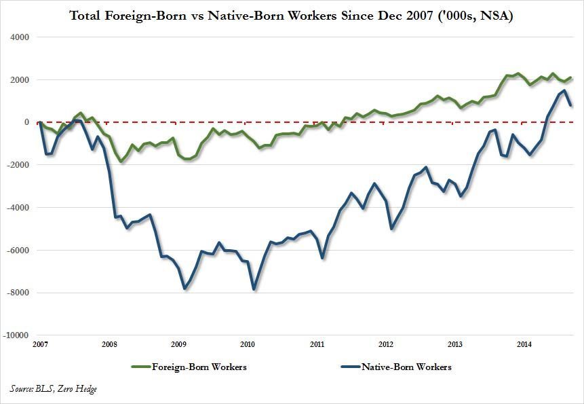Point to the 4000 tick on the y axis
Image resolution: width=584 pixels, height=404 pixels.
point(20,37)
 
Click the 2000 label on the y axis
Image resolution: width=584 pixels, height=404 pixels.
point(20,80)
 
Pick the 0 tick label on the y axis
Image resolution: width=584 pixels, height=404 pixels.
point(26,122)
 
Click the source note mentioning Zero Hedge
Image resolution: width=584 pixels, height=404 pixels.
point(53,388)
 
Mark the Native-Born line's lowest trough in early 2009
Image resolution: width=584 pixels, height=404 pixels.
point(184,289)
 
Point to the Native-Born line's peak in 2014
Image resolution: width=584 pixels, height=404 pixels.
point(564,90)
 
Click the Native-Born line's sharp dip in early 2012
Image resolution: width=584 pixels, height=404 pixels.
point(392,229)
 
